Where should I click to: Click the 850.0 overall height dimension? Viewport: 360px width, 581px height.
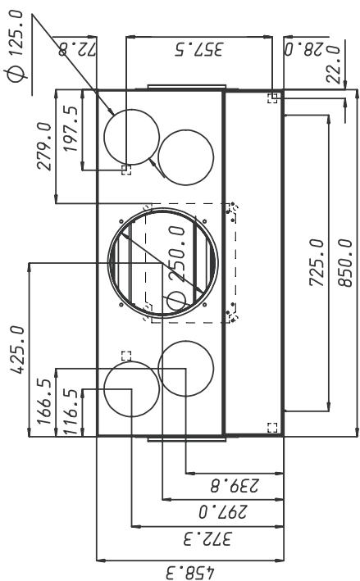tap(344, 263)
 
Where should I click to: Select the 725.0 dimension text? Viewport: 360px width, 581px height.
tap(317, 263)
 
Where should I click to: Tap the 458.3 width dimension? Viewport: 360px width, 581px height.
tap(189, 572)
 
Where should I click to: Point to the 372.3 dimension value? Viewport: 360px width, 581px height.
tap(207, 538)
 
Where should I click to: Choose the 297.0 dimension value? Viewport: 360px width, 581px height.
tap(223, 512)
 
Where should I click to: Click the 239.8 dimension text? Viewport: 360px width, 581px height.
tap(235, 485)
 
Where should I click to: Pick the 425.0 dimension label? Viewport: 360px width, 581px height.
tap(17, 349)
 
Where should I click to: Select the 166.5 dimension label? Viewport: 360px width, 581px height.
tap(43, 402)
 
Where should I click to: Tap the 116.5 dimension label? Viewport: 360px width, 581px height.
tap(71, 411)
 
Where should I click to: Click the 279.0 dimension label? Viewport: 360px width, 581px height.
tap(44, 146)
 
